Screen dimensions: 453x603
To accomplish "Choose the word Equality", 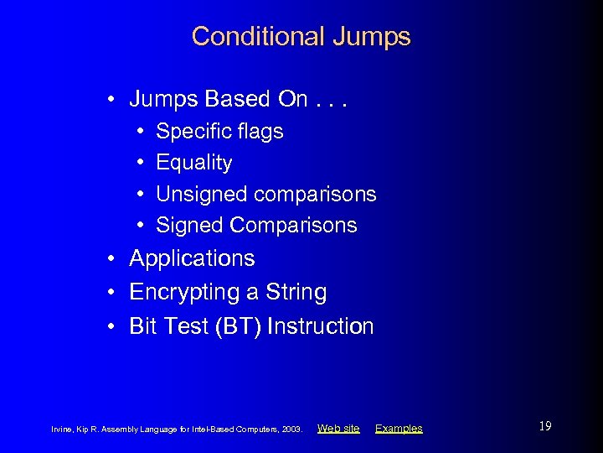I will coord(194,163).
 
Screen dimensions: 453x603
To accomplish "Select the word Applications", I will coord(192,258).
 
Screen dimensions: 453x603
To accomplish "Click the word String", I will coord(296,293).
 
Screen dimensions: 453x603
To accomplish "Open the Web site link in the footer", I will coord(338,429).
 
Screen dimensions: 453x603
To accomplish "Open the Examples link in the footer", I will coord(399,429).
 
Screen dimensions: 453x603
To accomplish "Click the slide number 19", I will coord(544,426).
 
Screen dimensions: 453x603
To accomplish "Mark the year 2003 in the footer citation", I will coord(292,430).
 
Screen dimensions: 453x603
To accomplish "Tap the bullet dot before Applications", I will coord(111,258).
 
